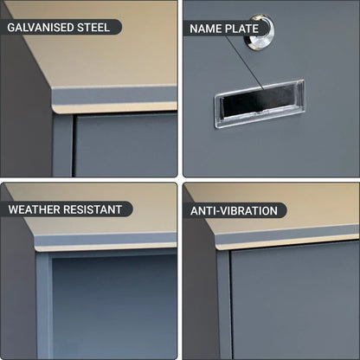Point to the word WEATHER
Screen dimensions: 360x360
pos(35,209)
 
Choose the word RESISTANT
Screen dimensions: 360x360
pos(93,209)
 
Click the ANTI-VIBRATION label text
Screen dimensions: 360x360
pos(234,211)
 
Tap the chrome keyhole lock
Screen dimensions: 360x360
pos(259,32)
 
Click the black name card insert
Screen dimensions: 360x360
pos(258,102)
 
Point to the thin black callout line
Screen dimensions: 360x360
pos(245,62)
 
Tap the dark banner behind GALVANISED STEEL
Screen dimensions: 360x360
pos(61,27)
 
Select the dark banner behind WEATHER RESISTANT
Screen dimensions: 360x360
pos(67,209)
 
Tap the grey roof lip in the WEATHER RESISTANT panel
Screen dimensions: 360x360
pos(106,240)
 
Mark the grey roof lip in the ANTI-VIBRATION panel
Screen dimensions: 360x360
pos(287,235)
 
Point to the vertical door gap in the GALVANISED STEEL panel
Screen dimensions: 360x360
pos(74,145)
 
